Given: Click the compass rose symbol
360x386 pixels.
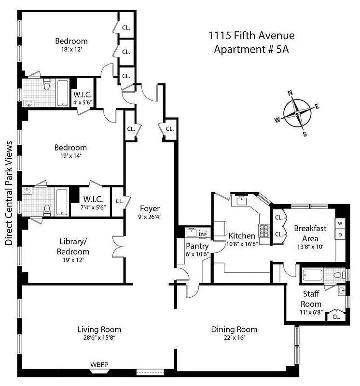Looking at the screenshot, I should (298, 113).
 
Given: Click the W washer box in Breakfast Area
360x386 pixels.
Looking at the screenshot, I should (340, 223).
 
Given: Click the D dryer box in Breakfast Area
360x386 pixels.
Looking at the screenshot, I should (340, 234).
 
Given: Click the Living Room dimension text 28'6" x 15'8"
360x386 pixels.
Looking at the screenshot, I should (98, 338).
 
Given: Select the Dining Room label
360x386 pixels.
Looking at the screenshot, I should (234, 330).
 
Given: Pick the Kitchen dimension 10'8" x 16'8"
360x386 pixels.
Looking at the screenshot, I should (242, 244).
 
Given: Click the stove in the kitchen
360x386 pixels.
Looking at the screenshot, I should (264, 231).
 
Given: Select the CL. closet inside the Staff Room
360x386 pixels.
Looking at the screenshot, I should (336, 317).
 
